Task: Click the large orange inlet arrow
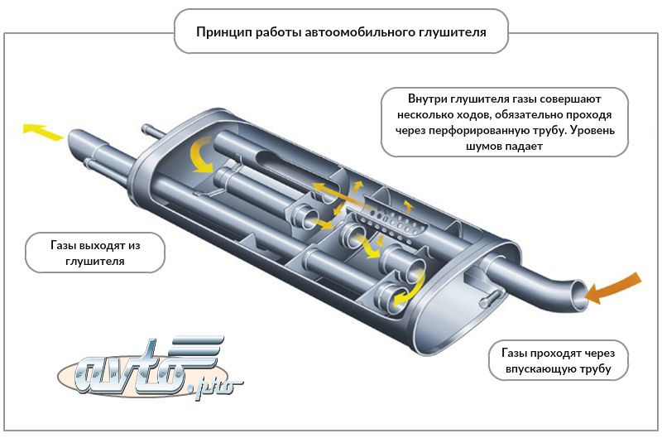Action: coord(619,284)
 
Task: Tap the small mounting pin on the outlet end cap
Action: coord(153,130)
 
